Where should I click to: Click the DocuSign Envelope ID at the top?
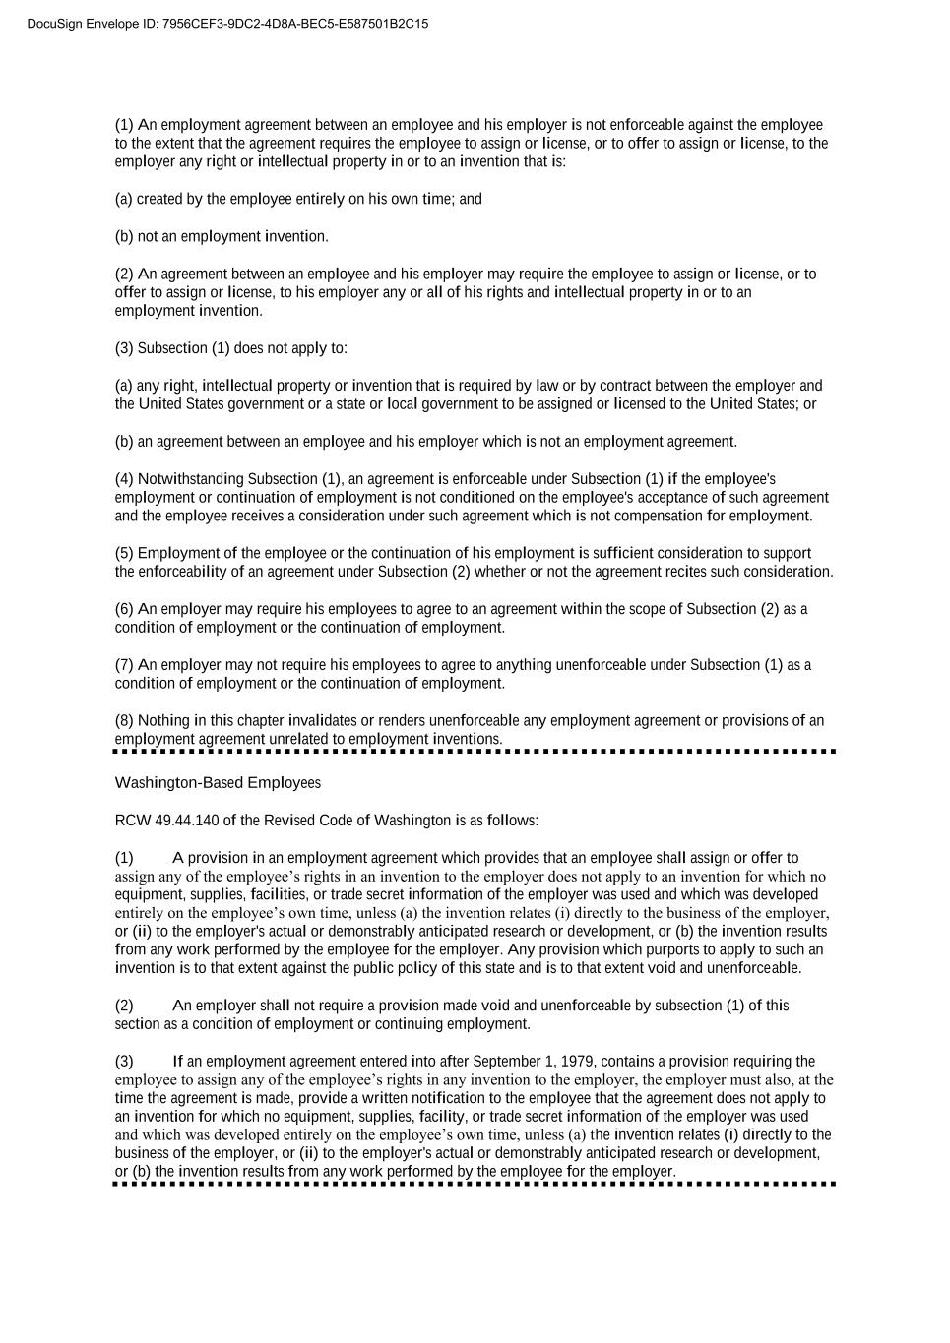[227, 24]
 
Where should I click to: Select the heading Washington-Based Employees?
[218, 783]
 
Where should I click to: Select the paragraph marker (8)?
[124, 721]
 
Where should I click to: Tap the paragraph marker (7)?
[124, 665]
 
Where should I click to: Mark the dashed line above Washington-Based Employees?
[475, 752]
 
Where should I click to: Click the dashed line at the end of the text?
[475, 1184]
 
